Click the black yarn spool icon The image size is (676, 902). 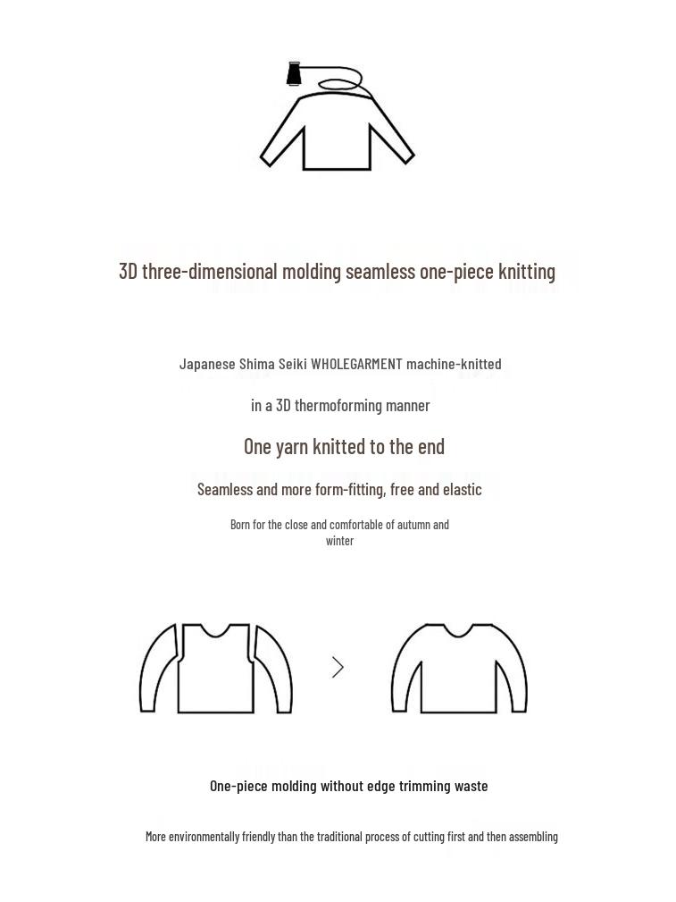pos(294,73)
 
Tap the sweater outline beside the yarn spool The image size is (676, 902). pos(337,134)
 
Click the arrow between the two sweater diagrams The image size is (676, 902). pos(338,667)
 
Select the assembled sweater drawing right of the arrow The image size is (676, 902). pos(459,670)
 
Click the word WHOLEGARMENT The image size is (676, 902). pos(356,364)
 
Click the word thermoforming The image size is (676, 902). pos(338,406)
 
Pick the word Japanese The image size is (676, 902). pos(207,364)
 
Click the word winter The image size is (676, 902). pos(339,541)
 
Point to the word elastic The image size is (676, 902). pos(460,489)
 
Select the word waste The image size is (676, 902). pos(472,786)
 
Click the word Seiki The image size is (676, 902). pos(293,364)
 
